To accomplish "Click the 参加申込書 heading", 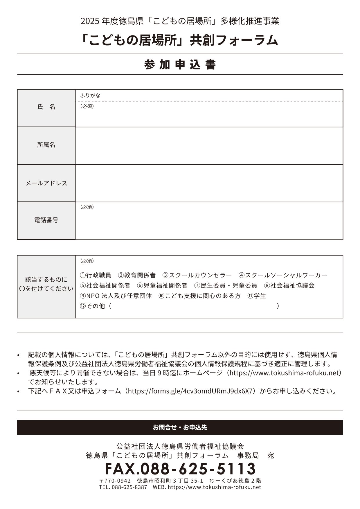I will click(180, 64).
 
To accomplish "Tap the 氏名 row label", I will click(46, 107).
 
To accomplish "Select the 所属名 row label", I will click(46, 145).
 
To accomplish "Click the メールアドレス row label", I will click(46, 183).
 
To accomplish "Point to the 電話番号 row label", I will click(46, 220).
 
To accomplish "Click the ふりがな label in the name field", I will click(90, 95).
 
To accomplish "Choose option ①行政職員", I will click(96, 275).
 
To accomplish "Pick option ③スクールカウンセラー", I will click(197, 275).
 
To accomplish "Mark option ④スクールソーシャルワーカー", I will click(283, 275).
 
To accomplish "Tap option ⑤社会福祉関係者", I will click(105, 285).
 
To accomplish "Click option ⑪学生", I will click(257, 296).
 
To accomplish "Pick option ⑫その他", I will click(93, 306).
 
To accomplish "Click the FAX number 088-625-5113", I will click(180, 468).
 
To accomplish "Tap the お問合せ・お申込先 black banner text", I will click(180, 427).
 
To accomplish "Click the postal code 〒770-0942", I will click(115, 481).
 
